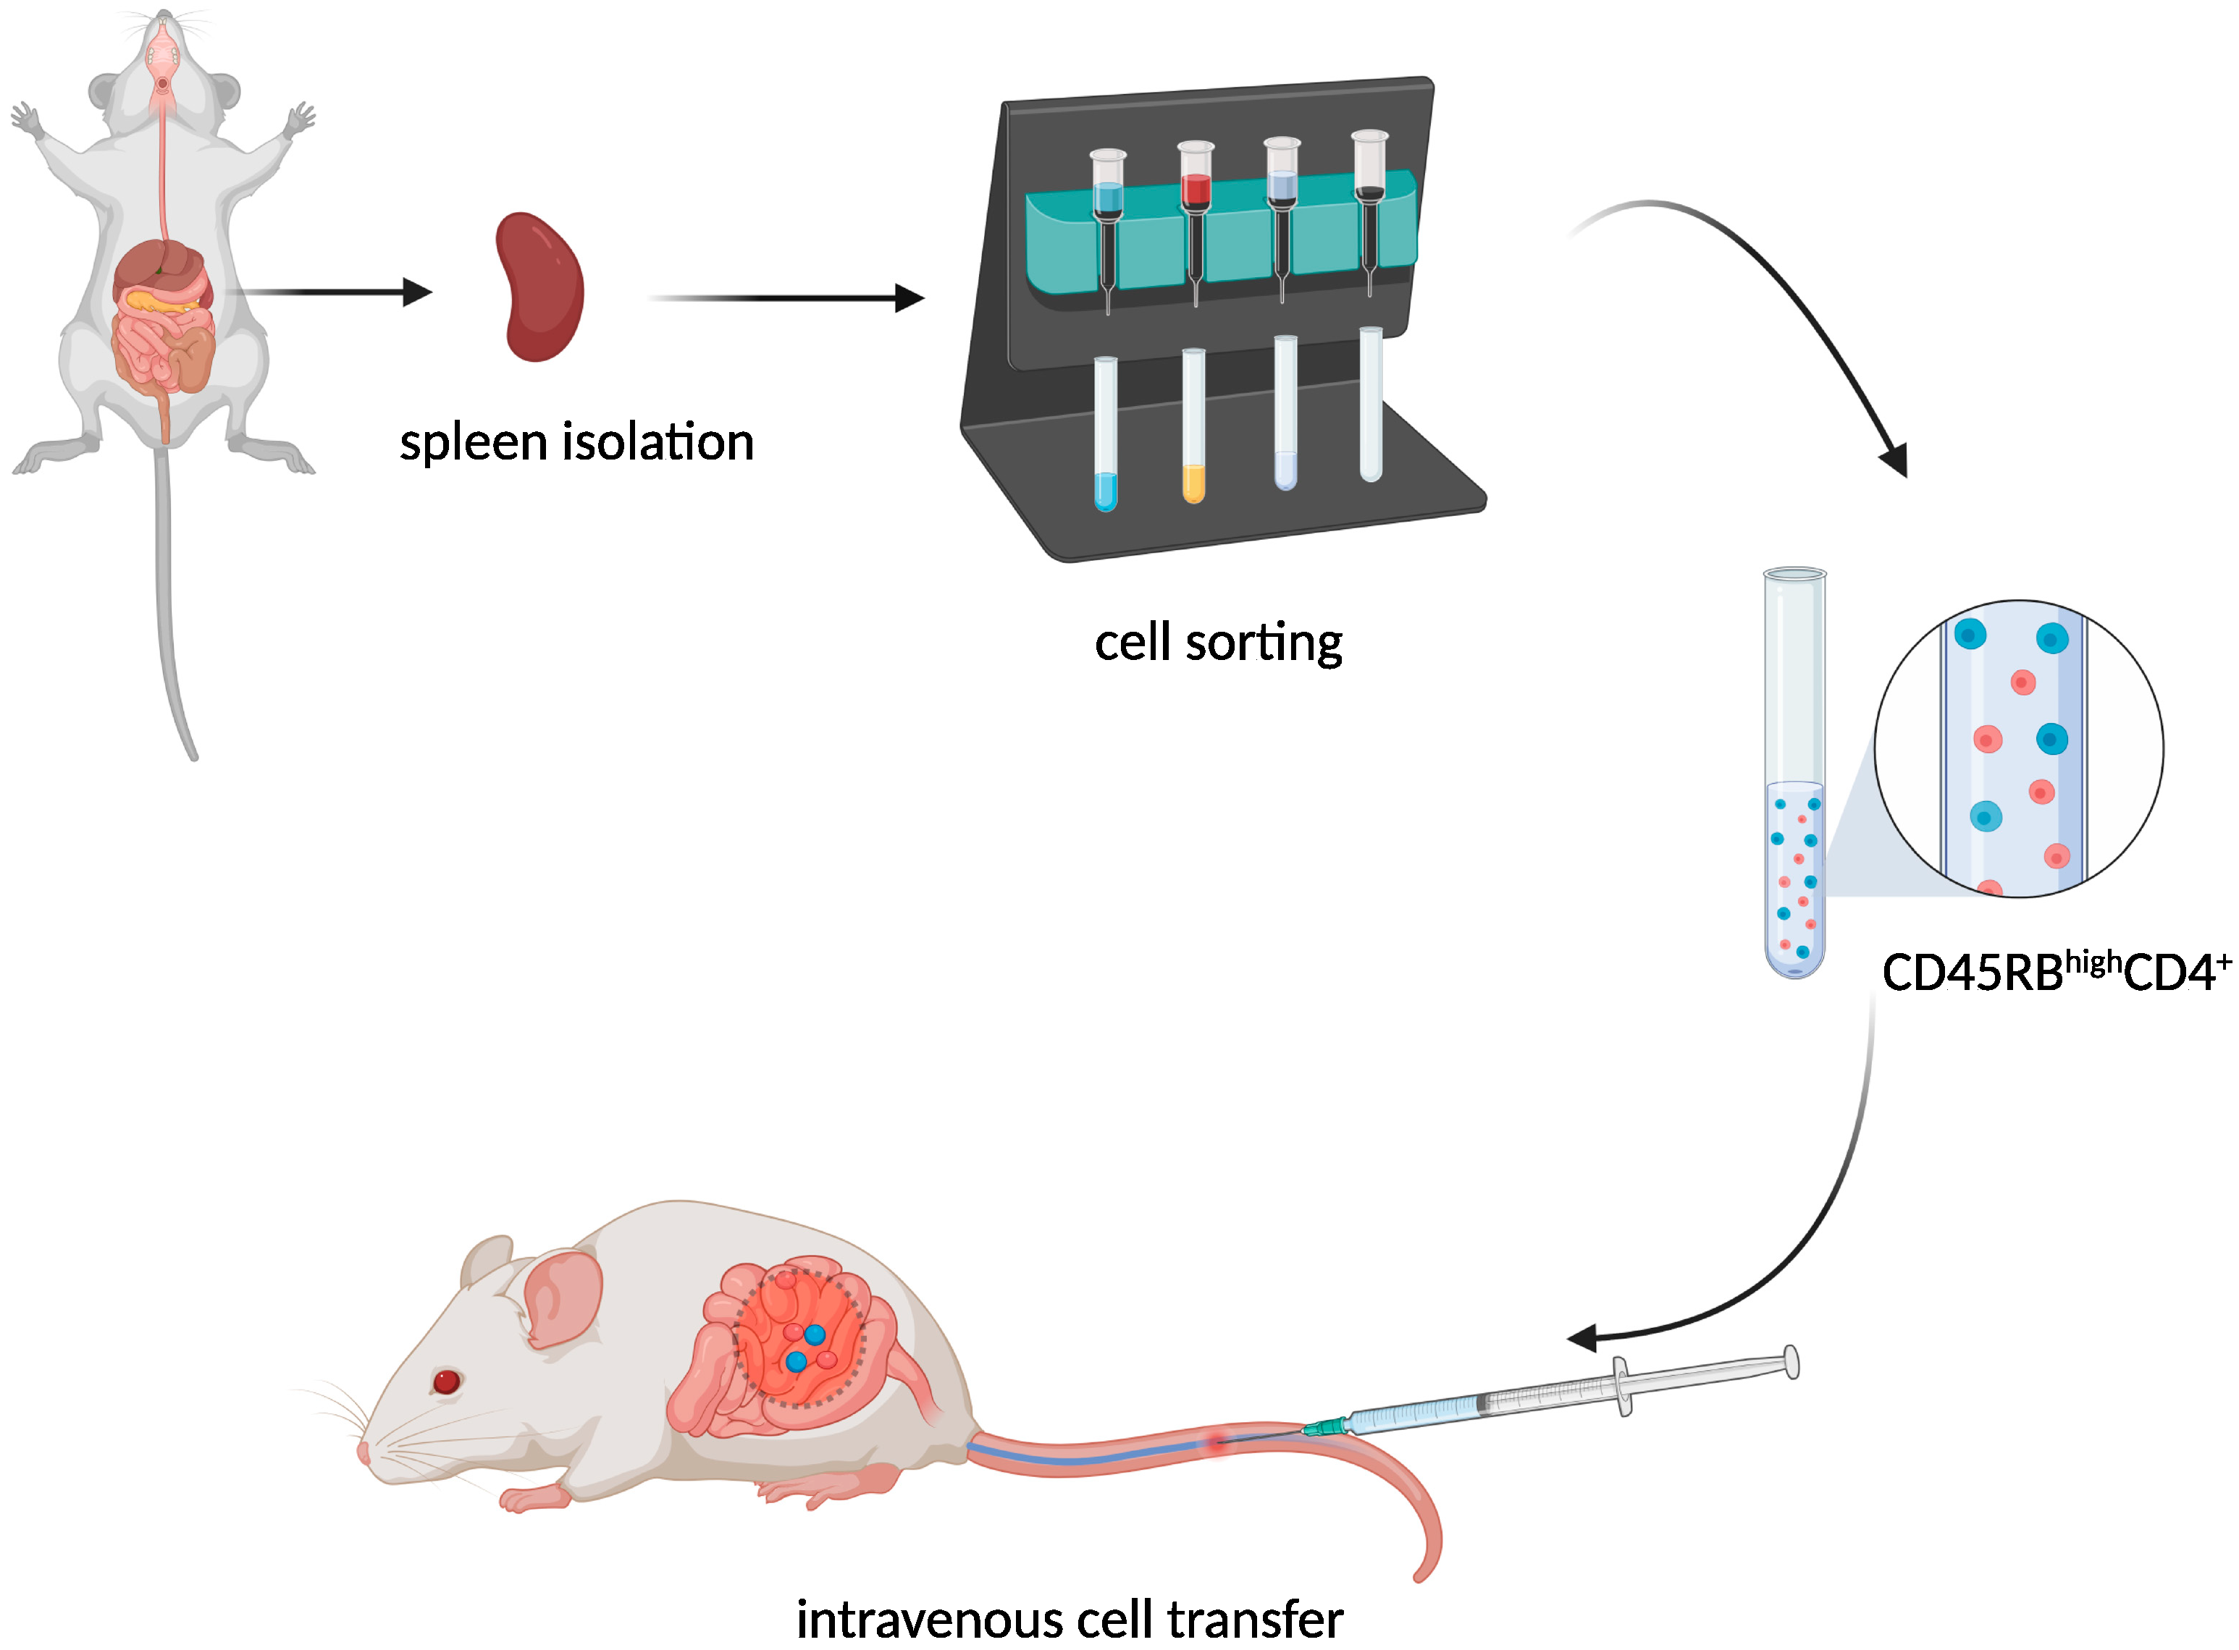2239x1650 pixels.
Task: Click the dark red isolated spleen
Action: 539,287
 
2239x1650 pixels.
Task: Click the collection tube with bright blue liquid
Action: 1105,434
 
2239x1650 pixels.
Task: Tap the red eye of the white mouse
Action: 445,1382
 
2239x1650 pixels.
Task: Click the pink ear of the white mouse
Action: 563,1298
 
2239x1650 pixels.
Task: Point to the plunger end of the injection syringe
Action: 1791,1363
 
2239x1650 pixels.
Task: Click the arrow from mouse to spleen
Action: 329,292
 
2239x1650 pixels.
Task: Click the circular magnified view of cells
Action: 2018,749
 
